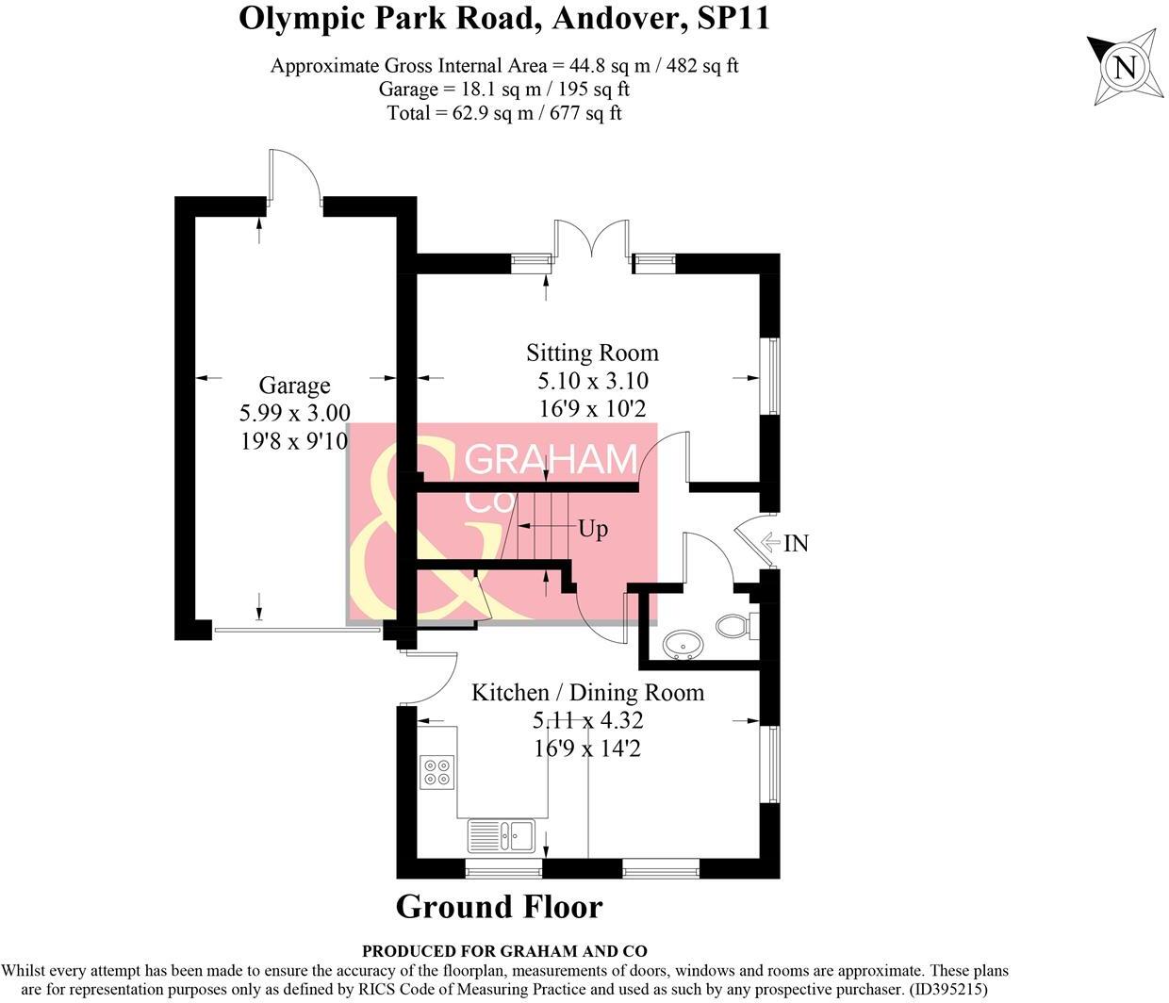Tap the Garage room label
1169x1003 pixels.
(295, 385)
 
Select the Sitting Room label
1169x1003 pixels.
(593, 353)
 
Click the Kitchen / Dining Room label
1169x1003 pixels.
(588, 693)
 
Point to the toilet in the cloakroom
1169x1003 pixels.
(735, 626)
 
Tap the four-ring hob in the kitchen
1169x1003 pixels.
(437, 772)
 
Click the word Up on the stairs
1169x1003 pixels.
(593, 530)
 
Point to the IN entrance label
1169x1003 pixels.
(797, 543)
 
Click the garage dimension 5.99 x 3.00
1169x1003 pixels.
(295, 413)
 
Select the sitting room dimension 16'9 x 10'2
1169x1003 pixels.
(593, 408)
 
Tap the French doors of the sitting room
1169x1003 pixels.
(592, 239)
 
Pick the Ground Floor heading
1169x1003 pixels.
(500, 908)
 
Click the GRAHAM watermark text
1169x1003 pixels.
(551, 459)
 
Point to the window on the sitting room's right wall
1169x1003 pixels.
(769, 376)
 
